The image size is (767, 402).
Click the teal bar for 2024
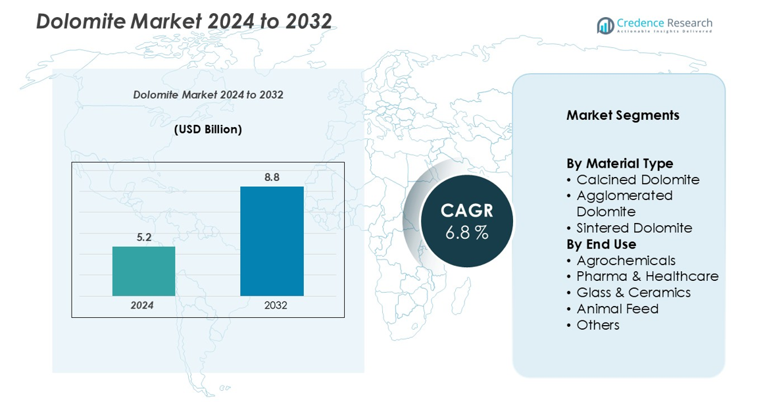tap(144, 271)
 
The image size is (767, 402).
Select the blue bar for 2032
tap(272, 241)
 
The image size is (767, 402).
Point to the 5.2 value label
tap(144, 238)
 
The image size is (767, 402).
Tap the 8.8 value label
tap(272, 177)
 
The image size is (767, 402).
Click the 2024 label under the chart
tap(142, 305)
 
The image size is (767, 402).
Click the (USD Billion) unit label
tap(208, 130)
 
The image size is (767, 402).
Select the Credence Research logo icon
tap(605, 26)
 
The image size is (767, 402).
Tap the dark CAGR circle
tap(466, 220)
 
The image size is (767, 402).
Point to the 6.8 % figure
tap(466, 232)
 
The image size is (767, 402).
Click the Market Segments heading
tap(623, 115)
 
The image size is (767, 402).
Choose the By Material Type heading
tap(620, 163)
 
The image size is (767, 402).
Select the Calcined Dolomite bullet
tap(637, 180)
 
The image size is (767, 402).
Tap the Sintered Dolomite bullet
tap(634, 228)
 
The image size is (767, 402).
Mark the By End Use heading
tap(601, 244)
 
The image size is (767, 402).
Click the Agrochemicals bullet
tap(626, 261)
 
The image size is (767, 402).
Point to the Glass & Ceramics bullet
tap(633, 293)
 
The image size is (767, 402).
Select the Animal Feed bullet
tap(617, 309)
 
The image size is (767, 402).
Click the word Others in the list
tap(598, 325)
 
